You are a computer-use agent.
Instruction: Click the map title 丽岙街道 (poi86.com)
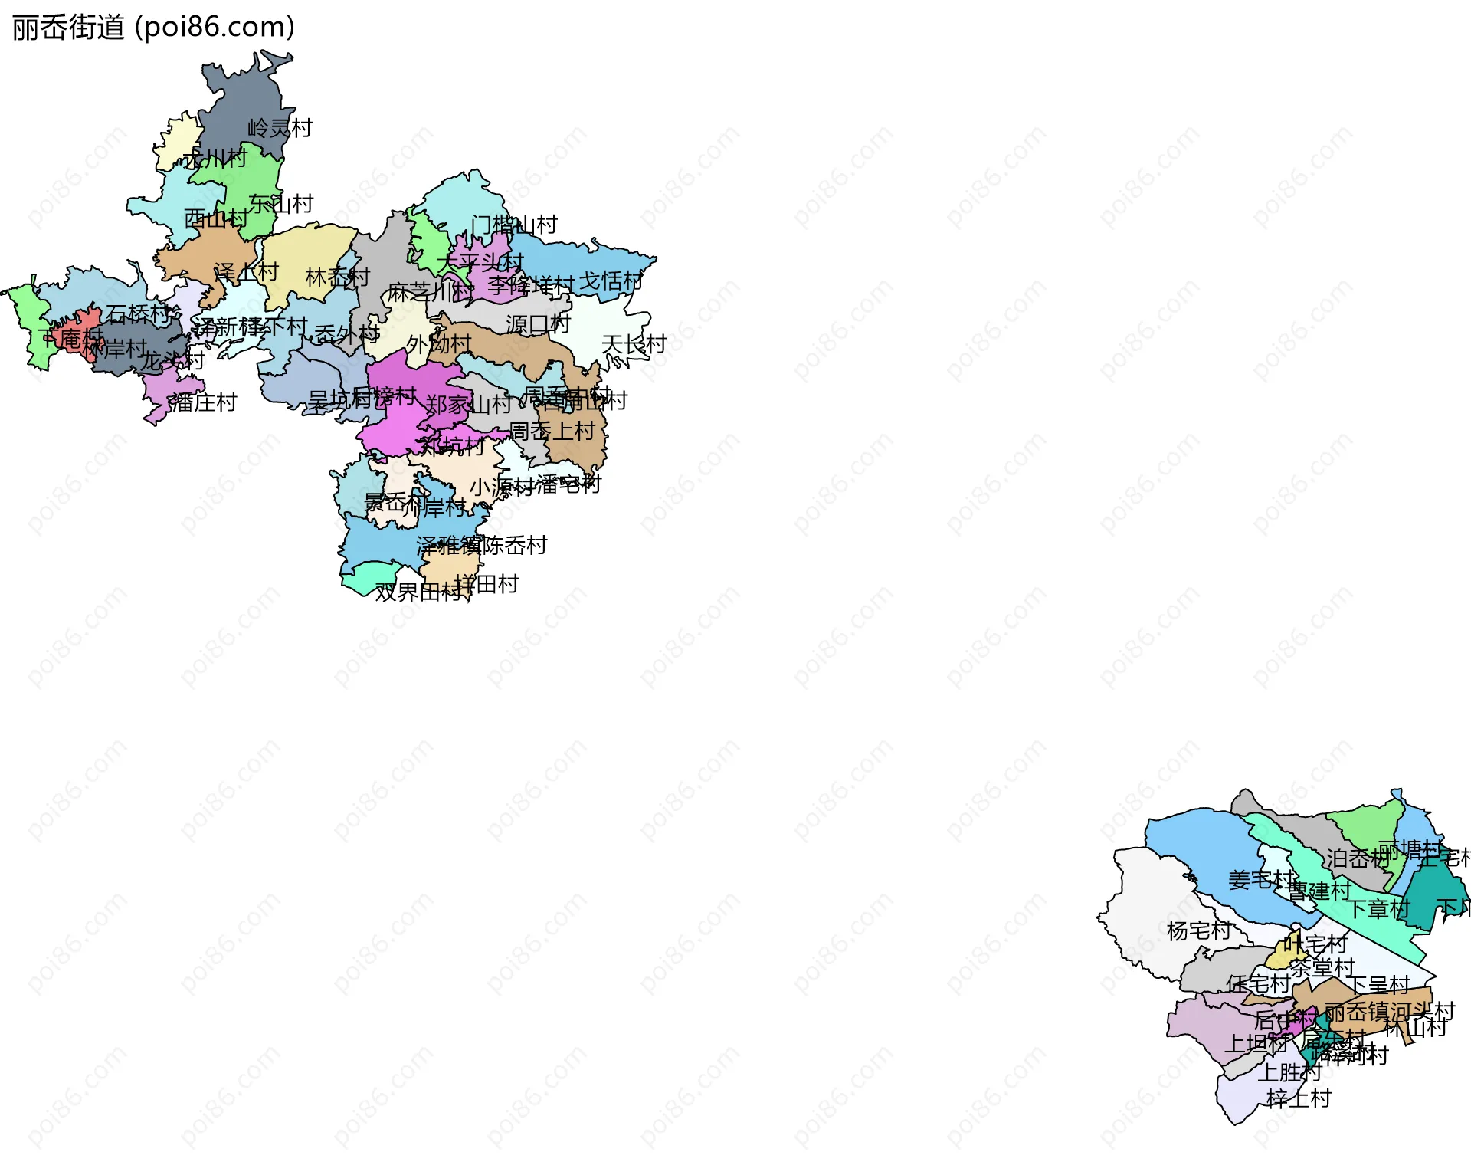point(153,28)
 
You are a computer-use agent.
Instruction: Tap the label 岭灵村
point(280,128)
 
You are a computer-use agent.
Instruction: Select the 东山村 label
point(281,203)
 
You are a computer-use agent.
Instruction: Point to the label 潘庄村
point(203,402)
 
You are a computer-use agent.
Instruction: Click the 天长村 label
point(634,344)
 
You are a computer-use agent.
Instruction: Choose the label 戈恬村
point(611,281)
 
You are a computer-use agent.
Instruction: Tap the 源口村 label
point(538,324)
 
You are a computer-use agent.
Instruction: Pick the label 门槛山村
point(514,225)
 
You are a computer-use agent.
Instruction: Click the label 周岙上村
point(552,432)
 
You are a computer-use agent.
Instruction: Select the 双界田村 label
point(418,592)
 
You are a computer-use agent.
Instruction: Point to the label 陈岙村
point(515,546)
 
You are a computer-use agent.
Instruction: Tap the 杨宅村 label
point(1198,930)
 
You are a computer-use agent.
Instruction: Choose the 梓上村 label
point(1299,1098)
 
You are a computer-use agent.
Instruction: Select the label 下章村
point(1378,909)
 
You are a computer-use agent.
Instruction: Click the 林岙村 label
point(337,277)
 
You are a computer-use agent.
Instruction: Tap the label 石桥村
point(138,313)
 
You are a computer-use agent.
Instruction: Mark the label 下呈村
point(1378,985)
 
